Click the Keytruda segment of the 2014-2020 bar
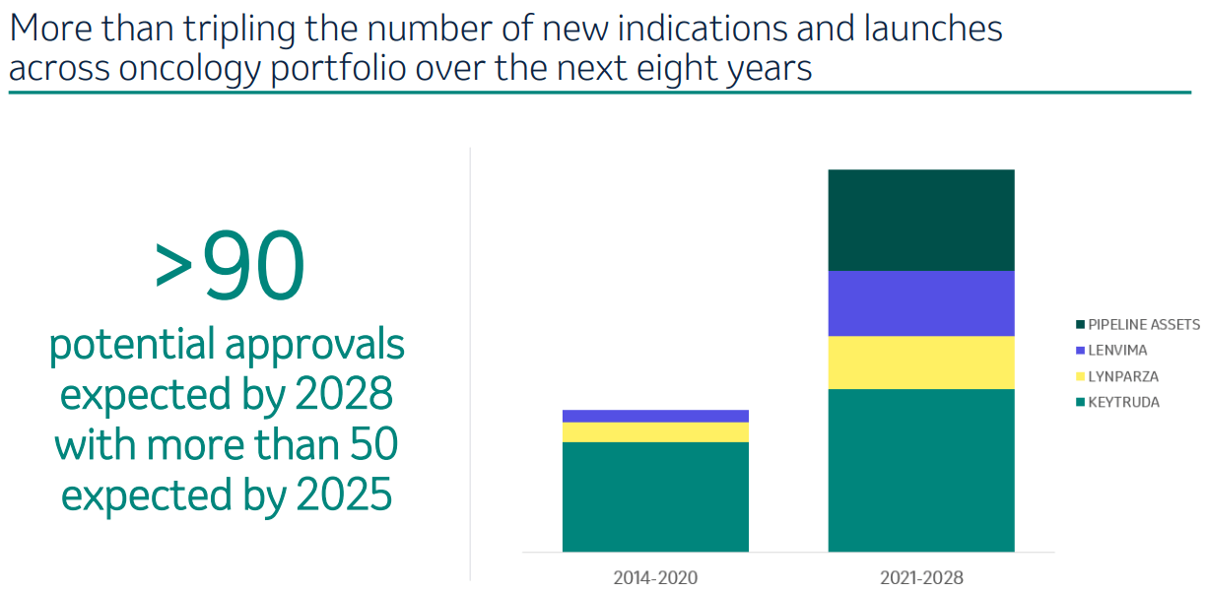655,496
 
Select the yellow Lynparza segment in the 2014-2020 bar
655,432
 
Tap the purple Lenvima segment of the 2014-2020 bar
655,416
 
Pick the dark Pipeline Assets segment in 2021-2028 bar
921,220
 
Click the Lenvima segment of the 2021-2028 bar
921,303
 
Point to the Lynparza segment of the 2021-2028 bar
921,362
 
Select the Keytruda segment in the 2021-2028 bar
921,470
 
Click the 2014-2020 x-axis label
655,577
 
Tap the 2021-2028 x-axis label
921,577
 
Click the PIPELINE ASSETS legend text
1144,324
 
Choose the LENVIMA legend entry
1117,350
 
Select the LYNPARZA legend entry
1122,376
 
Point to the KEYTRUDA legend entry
1123,402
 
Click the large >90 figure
230,268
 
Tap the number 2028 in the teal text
343,395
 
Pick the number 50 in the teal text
371,445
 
